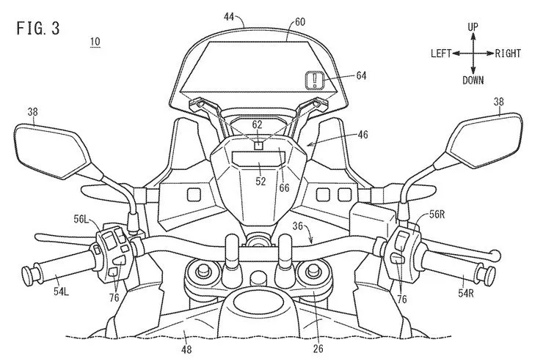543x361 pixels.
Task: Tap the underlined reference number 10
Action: [x=95, y=42]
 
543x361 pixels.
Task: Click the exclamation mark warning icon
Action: [x=315, y=80]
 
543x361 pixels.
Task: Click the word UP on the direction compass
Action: [x=473, y=26]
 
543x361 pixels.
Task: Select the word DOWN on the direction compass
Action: [x=473, y=80]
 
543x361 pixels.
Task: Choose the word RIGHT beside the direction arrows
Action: [x=508, y=53]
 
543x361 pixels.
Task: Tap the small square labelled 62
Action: [x=258, y=145]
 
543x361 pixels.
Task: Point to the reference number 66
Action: [x=284, y=187]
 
